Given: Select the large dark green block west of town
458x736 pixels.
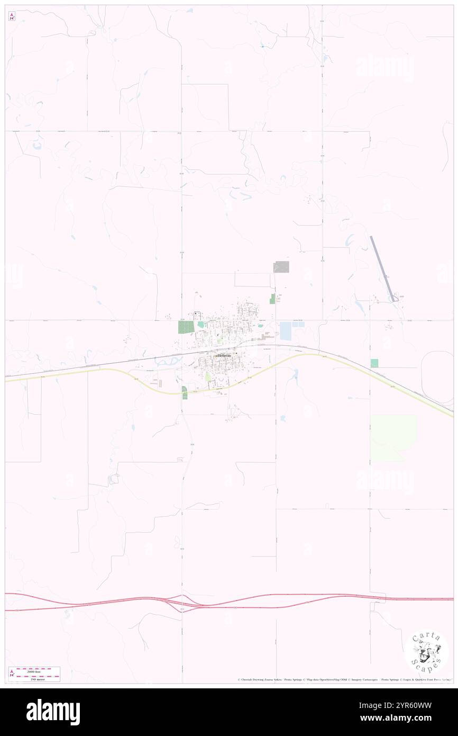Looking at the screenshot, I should pyautogui.click(x=186, y=327).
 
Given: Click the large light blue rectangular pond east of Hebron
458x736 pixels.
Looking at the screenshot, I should pyautogui.click(x=286, y=331).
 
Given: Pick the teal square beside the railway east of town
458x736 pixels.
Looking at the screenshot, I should pyautogui.click(x=374, y=363).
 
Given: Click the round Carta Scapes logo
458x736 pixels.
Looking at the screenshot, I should pyautogui.click(x=426, y=652).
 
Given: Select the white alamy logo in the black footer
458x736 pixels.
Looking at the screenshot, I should pyautogui.click(x=53, y=712).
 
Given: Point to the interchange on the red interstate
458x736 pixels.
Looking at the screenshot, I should pyautogui.click(x=182, y=603).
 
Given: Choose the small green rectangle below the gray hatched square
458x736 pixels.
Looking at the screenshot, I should pyautogui.click(x=273, y=299).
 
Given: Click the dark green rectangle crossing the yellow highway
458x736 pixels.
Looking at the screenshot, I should pyautogui.click(x=184, y=392).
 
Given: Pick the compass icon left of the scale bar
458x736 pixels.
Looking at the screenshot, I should pyautogui.click(x=12, y=674).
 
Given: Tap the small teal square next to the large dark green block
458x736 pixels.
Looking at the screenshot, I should pyautogui.click(x=200, y=325).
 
